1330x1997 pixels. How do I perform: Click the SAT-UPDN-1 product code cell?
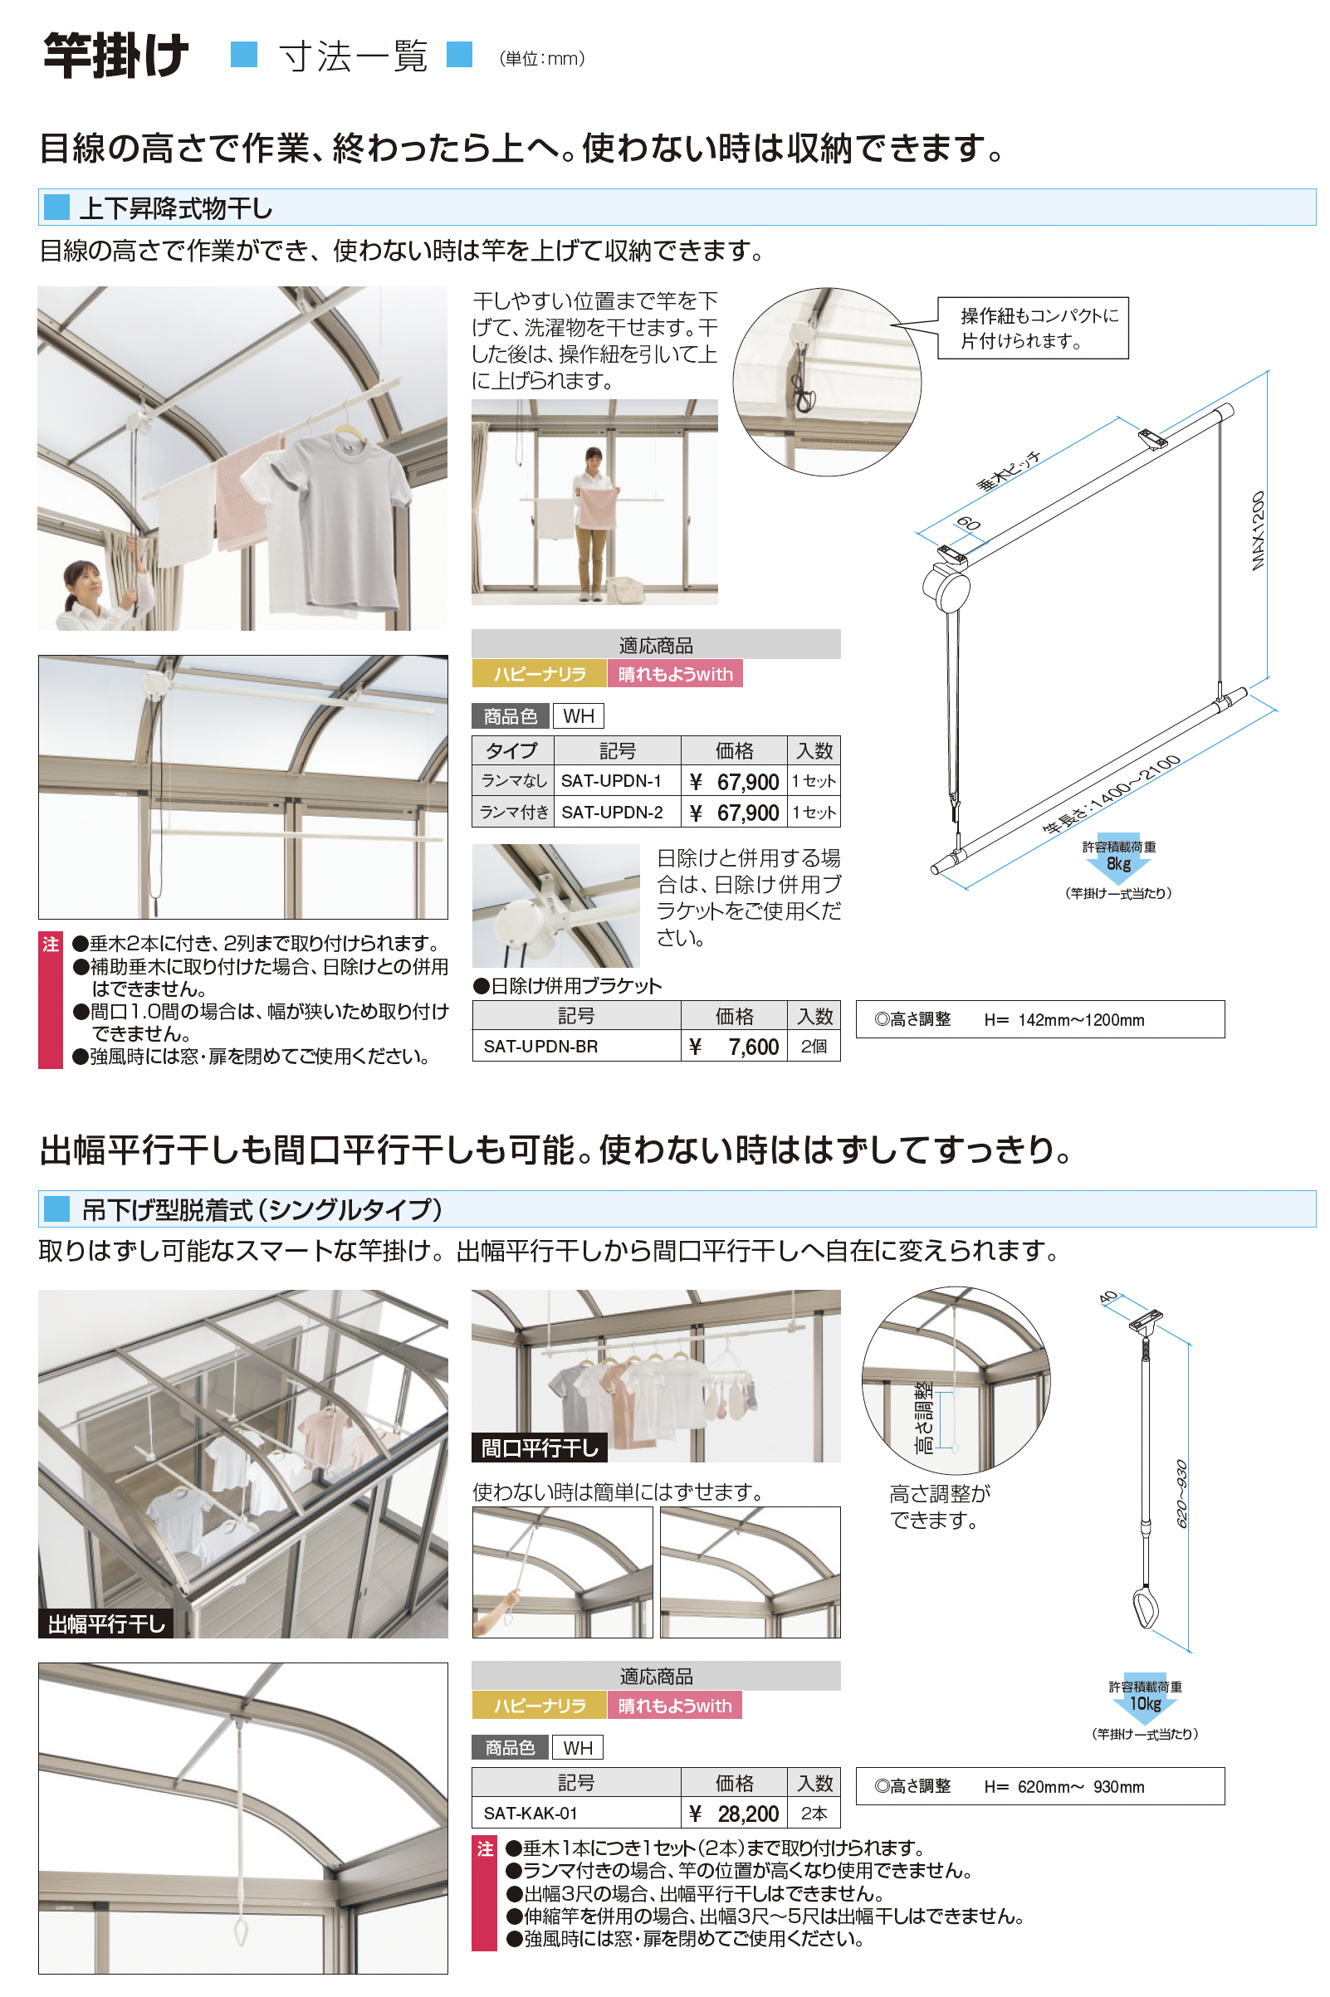tap(618, 781)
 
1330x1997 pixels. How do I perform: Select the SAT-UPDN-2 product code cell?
tap(618, 813)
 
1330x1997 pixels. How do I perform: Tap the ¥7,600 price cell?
tap(735, 1047)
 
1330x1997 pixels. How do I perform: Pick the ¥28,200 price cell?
tap(735, 1814)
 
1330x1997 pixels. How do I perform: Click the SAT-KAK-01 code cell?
tap(577, 1814)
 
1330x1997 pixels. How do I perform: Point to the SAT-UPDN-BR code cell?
tap(577, 1047)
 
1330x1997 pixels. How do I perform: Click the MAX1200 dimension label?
tap(1258, 531)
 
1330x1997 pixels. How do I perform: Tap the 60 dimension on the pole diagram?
tap(969, 523)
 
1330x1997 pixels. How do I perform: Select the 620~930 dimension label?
tap(1181, 1493)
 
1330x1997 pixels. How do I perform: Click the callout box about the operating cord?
tap(1032, 328)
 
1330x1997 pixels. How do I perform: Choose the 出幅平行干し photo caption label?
tap(106, 1623)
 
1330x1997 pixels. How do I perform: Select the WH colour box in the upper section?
tap(579, 716)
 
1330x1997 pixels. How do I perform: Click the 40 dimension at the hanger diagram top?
tap(1108, 1297)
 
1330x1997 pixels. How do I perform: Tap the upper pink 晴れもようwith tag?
tap(675, 674)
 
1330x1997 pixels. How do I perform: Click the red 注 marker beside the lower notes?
tap(484, 1849)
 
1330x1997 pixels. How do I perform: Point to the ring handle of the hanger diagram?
tap(1146, 1609)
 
